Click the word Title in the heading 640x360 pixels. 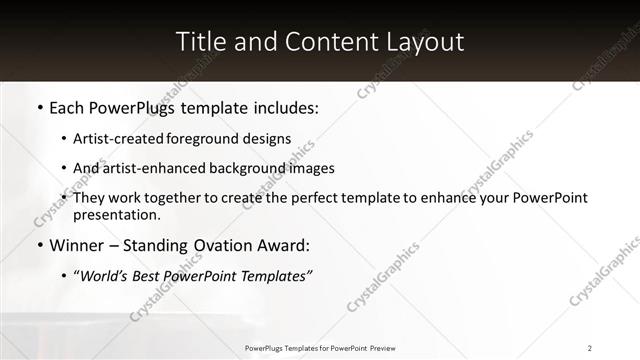[x=200, y=42]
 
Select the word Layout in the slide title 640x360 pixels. [x=425, y=42]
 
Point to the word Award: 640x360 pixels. [x=284, y=245]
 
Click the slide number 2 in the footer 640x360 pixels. [x=590, y=348]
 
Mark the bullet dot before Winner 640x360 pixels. [x=39, y=245]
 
